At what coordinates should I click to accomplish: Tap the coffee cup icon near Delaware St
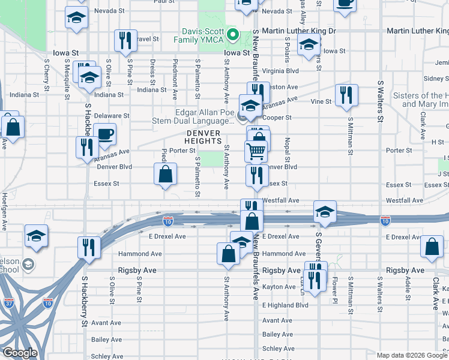tap(104, 134)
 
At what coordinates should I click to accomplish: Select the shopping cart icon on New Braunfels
tap(256, 151)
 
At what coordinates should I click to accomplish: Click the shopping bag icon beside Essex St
tap(165, 175)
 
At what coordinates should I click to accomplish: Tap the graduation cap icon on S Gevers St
tap(325, 211)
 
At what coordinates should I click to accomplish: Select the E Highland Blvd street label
tap(285, 305)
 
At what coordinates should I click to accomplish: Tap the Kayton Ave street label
tap(280, 287)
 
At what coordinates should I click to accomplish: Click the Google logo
tap(20, 353)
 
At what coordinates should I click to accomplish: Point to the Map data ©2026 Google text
tap(412, 355)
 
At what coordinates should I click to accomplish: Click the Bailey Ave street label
tap(277, 334)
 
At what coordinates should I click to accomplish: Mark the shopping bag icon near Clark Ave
tap(432, 247)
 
